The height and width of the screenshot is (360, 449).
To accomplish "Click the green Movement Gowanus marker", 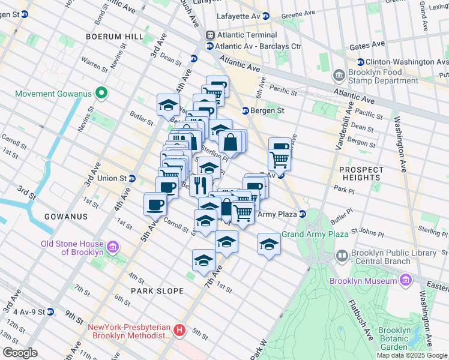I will (x=101, y=94).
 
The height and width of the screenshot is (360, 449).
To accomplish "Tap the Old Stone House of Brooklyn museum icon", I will (x=112, y=247).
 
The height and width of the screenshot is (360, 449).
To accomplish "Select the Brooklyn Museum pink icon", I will (x=405, y=280).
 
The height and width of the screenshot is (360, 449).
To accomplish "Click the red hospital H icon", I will (x=179, y=331).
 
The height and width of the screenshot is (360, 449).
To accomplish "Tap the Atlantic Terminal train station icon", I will (x=210, y=35).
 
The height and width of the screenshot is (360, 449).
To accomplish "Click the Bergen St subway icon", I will (x=246, y=110).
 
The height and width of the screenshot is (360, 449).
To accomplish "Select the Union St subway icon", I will (x=132, y=178).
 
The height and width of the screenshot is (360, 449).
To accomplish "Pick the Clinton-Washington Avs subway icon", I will (x=361, y=62).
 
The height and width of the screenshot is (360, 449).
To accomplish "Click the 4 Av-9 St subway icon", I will (x=50, y=311).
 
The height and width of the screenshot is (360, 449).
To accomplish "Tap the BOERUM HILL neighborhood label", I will (x=115, y=37).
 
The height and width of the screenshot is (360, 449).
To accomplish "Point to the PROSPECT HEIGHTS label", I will (x=360, y=174).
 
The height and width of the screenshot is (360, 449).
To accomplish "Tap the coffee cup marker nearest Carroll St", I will (x=155, y=204).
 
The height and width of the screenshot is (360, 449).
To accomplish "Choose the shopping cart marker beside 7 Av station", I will (x=279, y=159).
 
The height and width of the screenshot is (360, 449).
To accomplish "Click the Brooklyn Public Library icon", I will (x=342, y=257).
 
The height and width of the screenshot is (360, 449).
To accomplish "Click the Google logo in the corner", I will (x=20, y=353).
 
